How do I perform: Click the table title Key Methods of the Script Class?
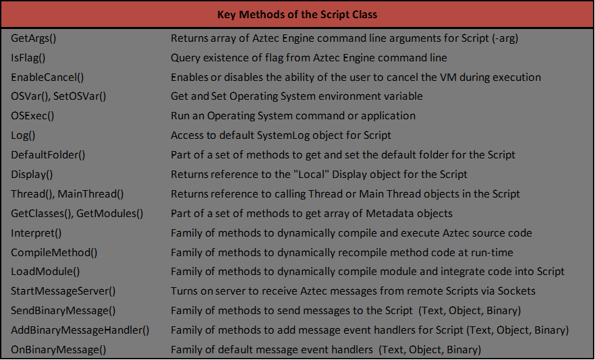297,14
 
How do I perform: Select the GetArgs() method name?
33,38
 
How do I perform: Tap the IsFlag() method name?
28,58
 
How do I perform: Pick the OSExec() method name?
32,116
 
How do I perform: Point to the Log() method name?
24,136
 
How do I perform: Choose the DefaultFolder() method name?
48,155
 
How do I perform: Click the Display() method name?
32,175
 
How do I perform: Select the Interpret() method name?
36,233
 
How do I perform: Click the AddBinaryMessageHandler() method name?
80,330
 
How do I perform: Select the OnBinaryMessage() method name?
59,350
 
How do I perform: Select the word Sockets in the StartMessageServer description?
517,291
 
